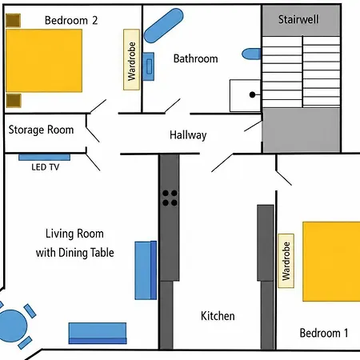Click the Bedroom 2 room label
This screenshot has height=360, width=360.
[71, 21]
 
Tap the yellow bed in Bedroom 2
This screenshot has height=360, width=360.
[44, 61]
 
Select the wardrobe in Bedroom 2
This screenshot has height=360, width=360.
[131, 59]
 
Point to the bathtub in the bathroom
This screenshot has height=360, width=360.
[163, 26]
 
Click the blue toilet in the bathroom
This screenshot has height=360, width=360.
[251, 54]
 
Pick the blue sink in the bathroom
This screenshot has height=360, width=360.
[148, 66]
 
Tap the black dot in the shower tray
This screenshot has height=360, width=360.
[252, 94]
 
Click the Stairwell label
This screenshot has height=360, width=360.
[298, 19]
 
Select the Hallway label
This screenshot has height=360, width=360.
[188, 135]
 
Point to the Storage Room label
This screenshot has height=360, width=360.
[41, 130]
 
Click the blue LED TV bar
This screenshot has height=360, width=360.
[45, 157]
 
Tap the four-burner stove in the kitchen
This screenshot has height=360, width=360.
[170, 198]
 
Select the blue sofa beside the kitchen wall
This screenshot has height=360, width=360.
[146, 270]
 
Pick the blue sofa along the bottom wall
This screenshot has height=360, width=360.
[98, 333]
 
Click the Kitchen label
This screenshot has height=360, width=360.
[218, 316]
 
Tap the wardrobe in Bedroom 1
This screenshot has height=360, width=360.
[286, 261]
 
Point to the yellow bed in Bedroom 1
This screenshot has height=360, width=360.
[331, 262]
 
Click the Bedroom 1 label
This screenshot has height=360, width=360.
[324, 333]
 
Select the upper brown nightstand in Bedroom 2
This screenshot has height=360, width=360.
[14, 21]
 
